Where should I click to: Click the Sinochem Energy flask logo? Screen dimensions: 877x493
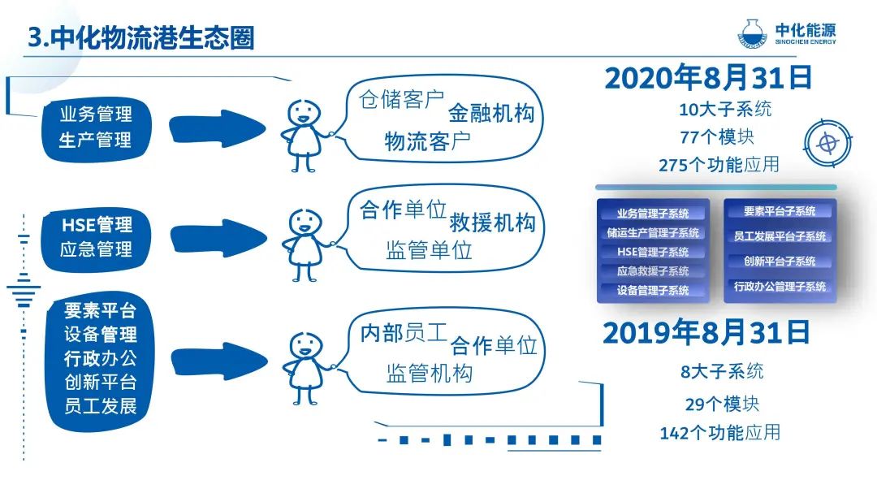click(x=752, y=34)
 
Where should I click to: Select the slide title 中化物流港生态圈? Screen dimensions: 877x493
click(x=153, y=38)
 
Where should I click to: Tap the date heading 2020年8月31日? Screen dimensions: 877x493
click(x=708, y=78)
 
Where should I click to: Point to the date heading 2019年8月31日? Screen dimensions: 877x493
click(x=706, y=332)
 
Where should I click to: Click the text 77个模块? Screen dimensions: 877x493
click(x=717, y=137)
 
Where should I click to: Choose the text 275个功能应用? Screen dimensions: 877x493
click(x=719, y=165)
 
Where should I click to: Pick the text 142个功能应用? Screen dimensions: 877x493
click(x=719, y=433)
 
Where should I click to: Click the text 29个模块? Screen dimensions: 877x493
click(x=722, y=404)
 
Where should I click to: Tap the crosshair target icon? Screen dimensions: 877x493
click(x=827, y=143)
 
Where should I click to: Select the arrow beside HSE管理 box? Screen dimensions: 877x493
click(x=218, y=239)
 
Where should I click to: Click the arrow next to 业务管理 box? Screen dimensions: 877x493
click(x=217, y=128)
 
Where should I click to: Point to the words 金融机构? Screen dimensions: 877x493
click(x=491, y=114)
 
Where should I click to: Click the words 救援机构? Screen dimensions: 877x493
click(x=493, y=223)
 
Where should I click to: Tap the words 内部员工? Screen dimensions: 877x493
click(x=404, y=333)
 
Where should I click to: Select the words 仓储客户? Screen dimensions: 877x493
click(x=402, y=100)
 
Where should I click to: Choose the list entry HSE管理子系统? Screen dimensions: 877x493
click(x=653, y=252)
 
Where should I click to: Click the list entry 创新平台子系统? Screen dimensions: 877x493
click(x=780, y=262)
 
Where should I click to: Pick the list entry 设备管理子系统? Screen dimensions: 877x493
click(x=653, y=291)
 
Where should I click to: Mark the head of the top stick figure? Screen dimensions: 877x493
click(x=305, y=114)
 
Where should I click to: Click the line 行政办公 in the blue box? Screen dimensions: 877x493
click(x=101, y=358)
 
